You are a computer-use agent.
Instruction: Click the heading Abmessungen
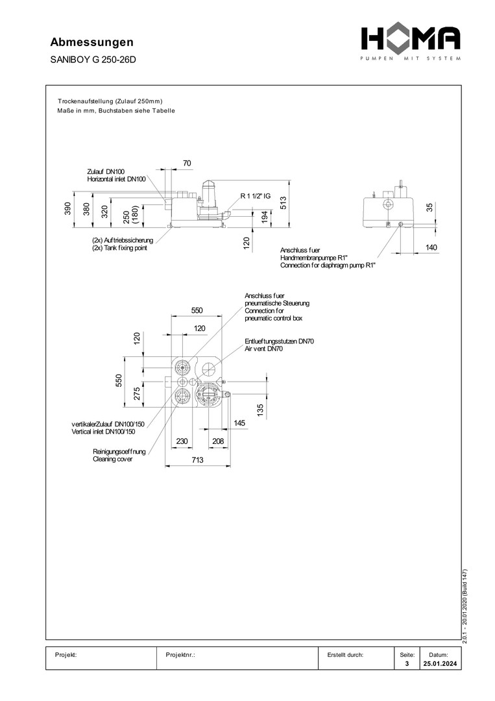(91, 42)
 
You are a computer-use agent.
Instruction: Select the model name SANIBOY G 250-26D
(93, 60)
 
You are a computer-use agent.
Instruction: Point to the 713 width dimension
(197, 460)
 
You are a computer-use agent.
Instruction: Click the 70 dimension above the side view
(187, 163)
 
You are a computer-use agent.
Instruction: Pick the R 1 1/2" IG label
(260, 195)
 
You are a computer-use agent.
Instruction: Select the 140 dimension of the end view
(432, 247)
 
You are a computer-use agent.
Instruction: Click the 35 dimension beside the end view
(429, 208)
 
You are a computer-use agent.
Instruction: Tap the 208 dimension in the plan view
(217, 441)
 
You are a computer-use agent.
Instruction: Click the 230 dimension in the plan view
(181, 441)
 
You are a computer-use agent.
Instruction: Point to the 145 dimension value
(239, 423)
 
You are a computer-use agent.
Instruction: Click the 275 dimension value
(138, 393)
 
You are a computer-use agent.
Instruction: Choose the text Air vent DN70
(264, 349)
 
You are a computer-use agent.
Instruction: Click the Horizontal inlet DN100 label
(117, 178)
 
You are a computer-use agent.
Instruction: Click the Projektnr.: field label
(181, 655)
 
